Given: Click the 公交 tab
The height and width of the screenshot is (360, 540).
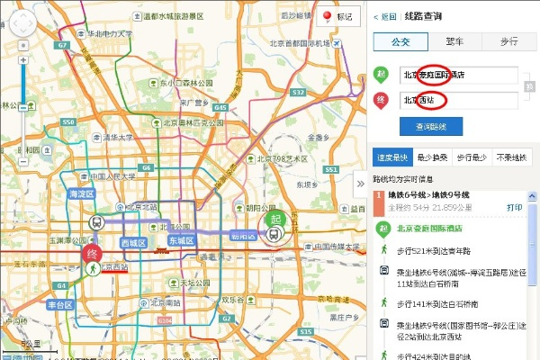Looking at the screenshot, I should pyautogui.click(x=398, y=41).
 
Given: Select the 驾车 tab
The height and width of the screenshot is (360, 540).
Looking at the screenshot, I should pyautogui.click(x=454, y=41).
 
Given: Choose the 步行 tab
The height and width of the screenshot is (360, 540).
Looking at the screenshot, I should pyautogui.click(x=508, y=41).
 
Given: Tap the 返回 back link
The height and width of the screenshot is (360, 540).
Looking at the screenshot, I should pyautogui.click(x=386, y=16).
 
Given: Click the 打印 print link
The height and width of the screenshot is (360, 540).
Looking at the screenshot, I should pyautogui.click(x=514, y=206).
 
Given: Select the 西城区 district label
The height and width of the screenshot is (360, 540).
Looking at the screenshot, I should pyautogui.click(x=133, y=243).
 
